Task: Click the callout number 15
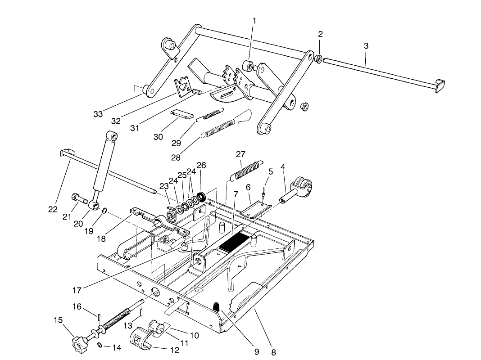tap(58, 320)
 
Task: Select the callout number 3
tap(366, 46)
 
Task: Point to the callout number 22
tap(53, 209)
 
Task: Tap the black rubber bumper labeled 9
tap(216, 307)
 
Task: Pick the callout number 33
tap(98, 114)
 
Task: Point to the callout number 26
tap(201, 166)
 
